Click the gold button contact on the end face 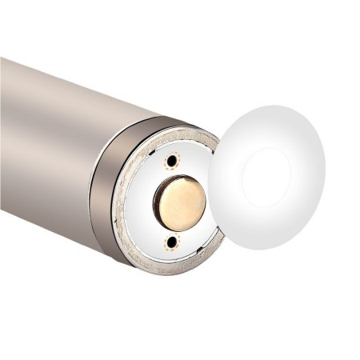point(182,200)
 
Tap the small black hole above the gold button point(170,162)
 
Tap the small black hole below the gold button point(169,240)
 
